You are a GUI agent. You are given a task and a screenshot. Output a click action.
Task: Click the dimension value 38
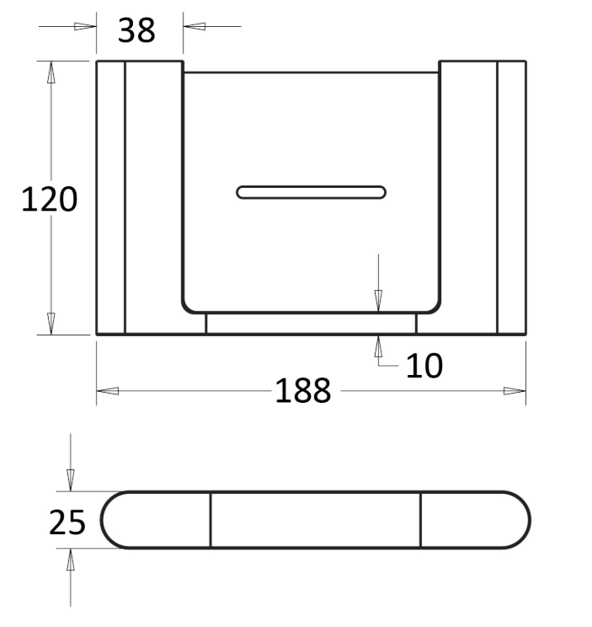136,30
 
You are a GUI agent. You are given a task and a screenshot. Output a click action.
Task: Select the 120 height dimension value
49,199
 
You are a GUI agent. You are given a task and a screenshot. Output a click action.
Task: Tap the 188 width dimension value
303,391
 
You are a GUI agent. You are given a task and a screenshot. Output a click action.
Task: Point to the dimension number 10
424,366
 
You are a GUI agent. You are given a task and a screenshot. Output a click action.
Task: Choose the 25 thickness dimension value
67,522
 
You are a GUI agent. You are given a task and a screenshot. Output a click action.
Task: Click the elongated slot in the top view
312,192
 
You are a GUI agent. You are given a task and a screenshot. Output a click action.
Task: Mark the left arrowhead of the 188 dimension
108,391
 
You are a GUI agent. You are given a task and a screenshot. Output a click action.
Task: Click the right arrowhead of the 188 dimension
515,391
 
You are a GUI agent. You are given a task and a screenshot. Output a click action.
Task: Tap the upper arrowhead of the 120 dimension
51,72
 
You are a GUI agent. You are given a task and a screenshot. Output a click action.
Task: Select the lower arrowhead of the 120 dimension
51,324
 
